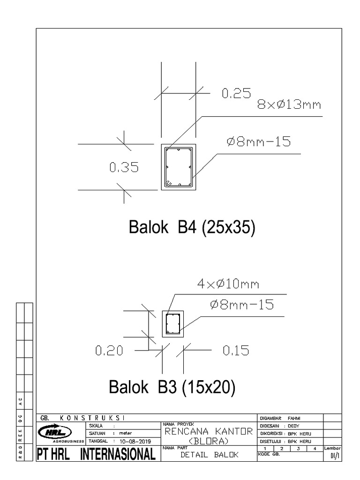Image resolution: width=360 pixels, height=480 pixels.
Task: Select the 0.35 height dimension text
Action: [124, 167]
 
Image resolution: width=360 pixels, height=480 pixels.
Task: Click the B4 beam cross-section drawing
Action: [179, 167]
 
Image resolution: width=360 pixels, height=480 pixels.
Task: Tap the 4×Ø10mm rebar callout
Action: [228, 284]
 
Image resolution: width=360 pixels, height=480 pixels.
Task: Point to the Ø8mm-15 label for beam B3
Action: [241, 305]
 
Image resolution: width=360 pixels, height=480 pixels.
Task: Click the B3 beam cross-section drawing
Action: [173, 323]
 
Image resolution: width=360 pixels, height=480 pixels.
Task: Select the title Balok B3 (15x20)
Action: [172, 388]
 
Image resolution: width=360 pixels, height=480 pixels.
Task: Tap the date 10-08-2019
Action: [133, 441]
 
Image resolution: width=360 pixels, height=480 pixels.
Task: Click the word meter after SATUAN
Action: [126, 433]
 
